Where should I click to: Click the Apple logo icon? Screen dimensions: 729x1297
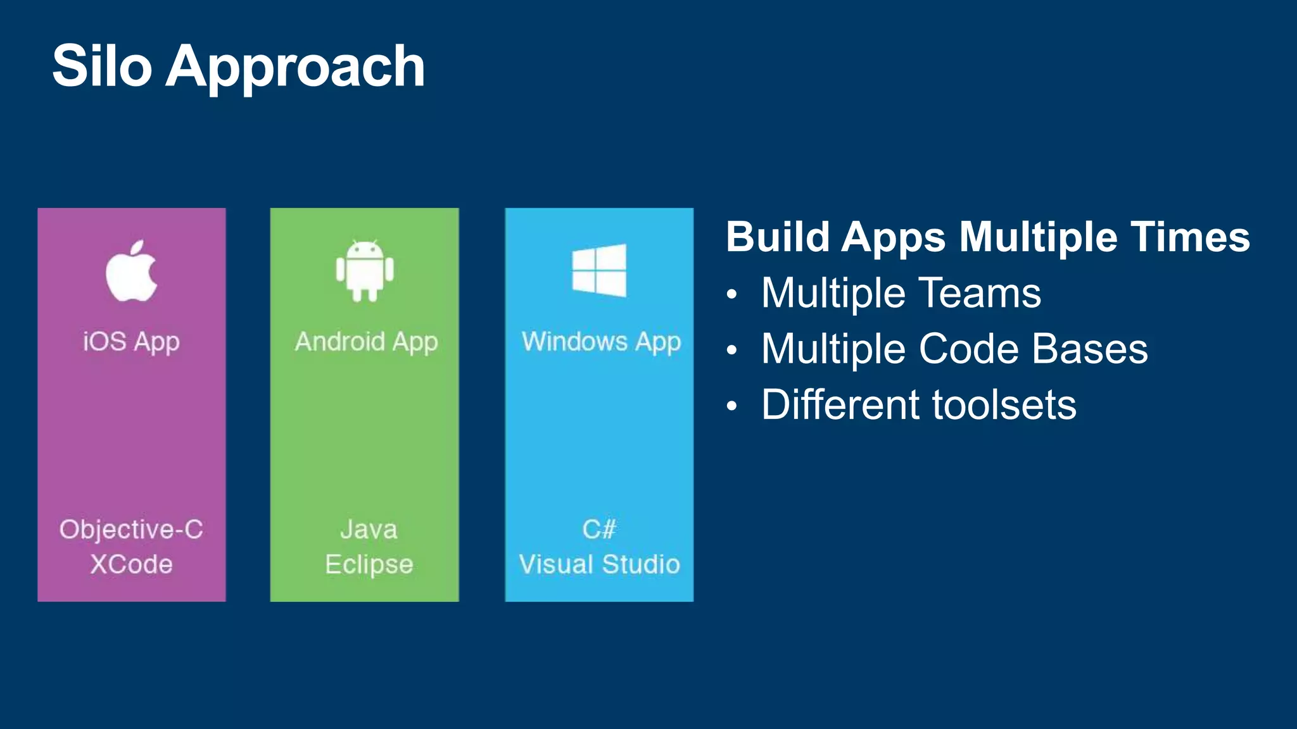[x=131, y=271]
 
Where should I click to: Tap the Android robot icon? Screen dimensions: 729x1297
[x=365, y=271]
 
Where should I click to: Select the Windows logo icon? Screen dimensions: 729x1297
[x=599, y=270]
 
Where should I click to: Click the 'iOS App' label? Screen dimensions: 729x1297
[x=131, y=342]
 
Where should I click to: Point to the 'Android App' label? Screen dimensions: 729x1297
[x=366, y=342]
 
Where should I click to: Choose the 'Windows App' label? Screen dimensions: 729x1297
[x=601, y=342]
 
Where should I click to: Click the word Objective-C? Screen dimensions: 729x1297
[x=131, y=530]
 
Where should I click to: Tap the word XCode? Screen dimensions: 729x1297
[x=131, y=564]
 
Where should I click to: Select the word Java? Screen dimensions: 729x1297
[x=369, y=530]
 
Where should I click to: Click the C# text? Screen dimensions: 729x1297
[x=599, y=530]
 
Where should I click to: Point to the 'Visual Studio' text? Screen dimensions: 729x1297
[x=599, y=564]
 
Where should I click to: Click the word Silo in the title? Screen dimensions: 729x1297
[x=102, y=66]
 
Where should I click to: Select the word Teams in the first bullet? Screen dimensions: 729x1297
[x=980, y=293]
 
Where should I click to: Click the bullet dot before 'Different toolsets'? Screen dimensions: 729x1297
[x=732, y=406]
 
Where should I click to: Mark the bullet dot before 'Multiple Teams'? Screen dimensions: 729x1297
[x=732, y=294]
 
